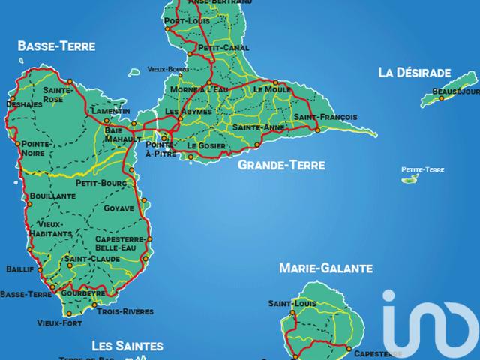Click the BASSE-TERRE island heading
57,46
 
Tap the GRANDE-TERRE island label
281,164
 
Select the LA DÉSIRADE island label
414,73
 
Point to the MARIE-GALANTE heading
325,268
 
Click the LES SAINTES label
127,346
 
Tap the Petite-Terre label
423,170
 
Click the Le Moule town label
271,89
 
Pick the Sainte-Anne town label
258,128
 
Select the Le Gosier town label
206,145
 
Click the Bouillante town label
49,197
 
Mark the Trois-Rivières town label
125,311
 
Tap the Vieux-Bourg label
168,69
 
